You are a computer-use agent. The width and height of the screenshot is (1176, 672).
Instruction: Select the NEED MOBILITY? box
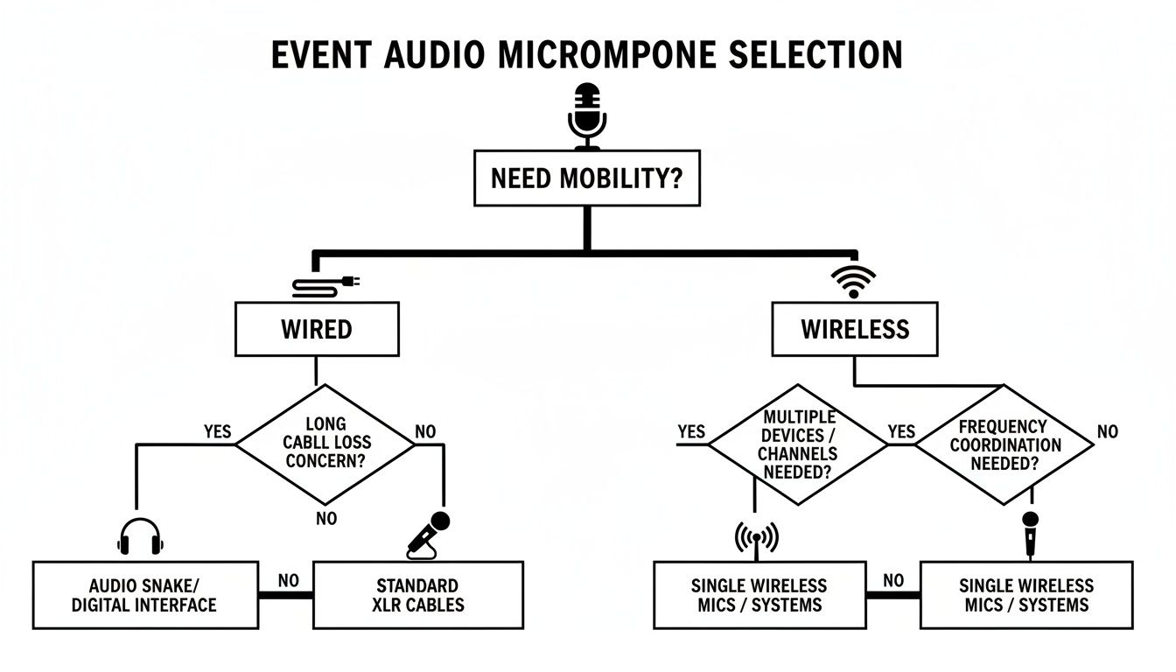pyautogui.click(x=586, y=178)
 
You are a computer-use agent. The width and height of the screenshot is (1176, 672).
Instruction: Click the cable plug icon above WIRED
pyautogui.click(x=325, y=284)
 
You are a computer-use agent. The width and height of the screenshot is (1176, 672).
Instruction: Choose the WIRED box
pyautogui.click(x=317, y=330)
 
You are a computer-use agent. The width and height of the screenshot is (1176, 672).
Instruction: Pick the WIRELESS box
pyautogui.click(x=855, y=330)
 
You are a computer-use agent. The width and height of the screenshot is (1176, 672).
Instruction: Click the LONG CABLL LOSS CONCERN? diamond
pyautogui.click(x=325, y=444)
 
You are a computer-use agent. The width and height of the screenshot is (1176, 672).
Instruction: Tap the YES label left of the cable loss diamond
pyautogui.click(x=218, y=431)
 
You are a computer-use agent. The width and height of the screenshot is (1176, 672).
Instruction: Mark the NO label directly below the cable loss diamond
pyautogui.click(x=325, y=519)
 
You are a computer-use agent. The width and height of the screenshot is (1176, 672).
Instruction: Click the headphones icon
pyautogui.click(x=140, y=535)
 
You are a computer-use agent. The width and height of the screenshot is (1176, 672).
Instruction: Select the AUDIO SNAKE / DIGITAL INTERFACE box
pyautogui.click(x=145, y=595)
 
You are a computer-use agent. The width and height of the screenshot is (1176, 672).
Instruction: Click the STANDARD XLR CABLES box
pyautogui.click(x=417, y=595)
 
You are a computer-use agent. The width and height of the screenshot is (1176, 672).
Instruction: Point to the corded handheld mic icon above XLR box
pyautogui.click(x=429, y=535)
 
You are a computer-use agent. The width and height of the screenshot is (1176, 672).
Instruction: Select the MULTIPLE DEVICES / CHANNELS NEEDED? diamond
pyautogui.click(x=798, y=444)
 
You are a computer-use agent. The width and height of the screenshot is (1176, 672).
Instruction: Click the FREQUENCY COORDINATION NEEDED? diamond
pyautogui.click(x=1004, y=444)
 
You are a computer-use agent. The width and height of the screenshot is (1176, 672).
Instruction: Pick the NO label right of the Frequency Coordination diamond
pyautogui.click(x=1107, y=431)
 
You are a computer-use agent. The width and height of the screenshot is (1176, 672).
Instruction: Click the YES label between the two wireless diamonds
pyautogui.click(x=901, y=431)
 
